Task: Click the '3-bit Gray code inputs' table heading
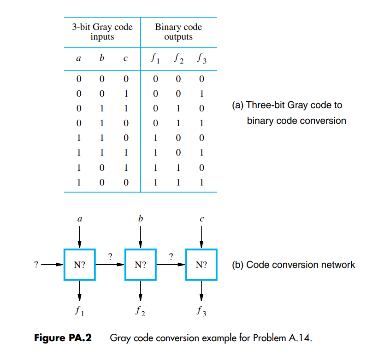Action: click(102, 32)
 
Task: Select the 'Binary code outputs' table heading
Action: click(178, 32)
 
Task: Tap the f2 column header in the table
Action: click(178, 59)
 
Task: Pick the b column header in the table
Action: click(102, 58)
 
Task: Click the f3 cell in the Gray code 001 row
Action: click(201, 94)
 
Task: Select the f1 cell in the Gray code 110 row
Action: click(156, 138)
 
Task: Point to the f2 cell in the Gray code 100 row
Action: click(178, 182)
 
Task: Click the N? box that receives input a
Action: click(79, 265)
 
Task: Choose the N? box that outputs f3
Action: click(201, 265)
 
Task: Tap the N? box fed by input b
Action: click(141, 265)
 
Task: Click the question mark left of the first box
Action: click(35, 265)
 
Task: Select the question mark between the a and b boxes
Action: click(110, 256)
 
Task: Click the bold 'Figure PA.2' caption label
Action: click(63, 338)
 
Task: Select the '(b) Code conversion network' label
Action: click(293, 265)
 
